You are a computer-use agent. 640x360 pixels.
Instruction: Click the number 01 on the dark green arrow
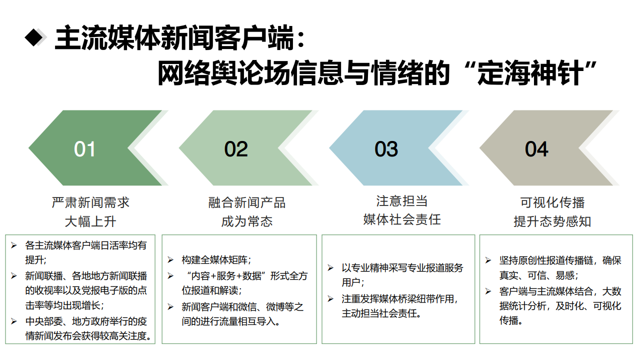click(x=84, y=149)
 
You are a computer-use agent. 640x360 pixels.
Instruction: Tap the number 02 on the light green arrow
click(x=235, y=149)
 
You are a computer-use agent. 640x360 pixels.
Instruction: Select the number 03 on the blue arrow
click(x=386, y=149)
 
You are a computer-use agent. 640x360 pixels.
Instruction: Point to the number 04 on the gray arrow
click(x=536, y=149)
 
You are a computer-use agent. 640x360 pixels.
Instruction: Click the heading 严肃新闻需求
click(x=90, y=202)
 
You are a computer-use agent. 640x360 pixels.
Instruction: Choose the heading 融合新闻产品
click(x=247, y=202)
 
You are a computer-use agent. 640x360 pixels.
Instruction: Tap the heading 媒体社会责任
click(x=402, y=219)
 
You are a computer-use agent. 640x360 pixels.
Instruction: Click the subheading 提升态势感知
click(x=552, y=221)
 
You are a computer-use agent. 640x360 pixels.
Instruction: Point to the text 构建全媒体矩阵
click(x=216, y=260)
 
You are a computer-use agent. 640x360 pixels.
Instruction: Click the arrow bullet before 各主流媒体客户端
click(x=14, y=245)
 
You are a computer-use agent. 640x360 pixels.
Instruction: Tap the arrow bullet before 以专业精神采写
click(x=330, y=268)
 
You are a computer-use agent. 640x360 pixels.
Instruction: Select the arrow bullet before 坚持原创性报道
click(x=488, y=260)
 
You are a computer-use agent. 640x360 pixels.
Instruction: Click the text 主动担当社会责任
click(x=381, y=313)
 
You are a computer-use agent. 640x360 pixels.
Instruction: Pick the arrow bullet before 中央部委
click(x=14, y=320)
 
